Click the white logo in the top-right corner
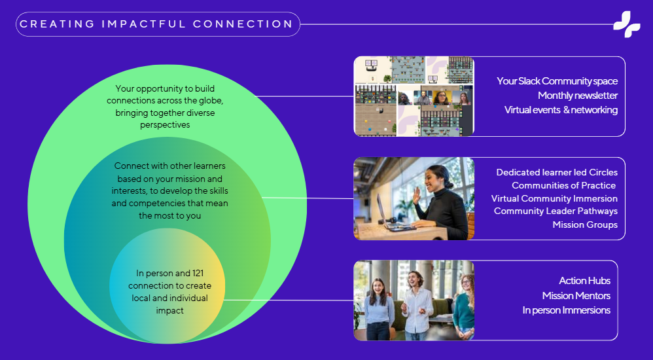coord(627,24)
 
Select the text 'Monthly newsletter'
coord(578,96)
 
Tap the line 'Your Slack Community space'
coord(557,81)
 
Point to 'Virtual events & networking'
coord(561,110)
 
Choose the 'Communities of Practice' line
coord(563,185)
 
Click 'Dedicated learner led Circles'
coord(557,173)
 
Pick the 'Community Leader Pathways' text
coord(556,211)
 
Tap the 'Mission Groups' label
coord(585,225)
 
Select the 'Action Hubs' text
coord(585,281)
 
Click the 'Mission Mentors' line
coord(576,296)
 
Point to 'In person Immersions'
coord(567,310)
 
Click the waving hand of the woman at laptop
coord(416,195)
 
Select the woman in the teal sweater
coord(464,306)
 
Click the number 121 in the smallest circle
coord(198,274)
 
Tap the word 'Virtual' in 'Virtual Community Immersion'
coord(504,198)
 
